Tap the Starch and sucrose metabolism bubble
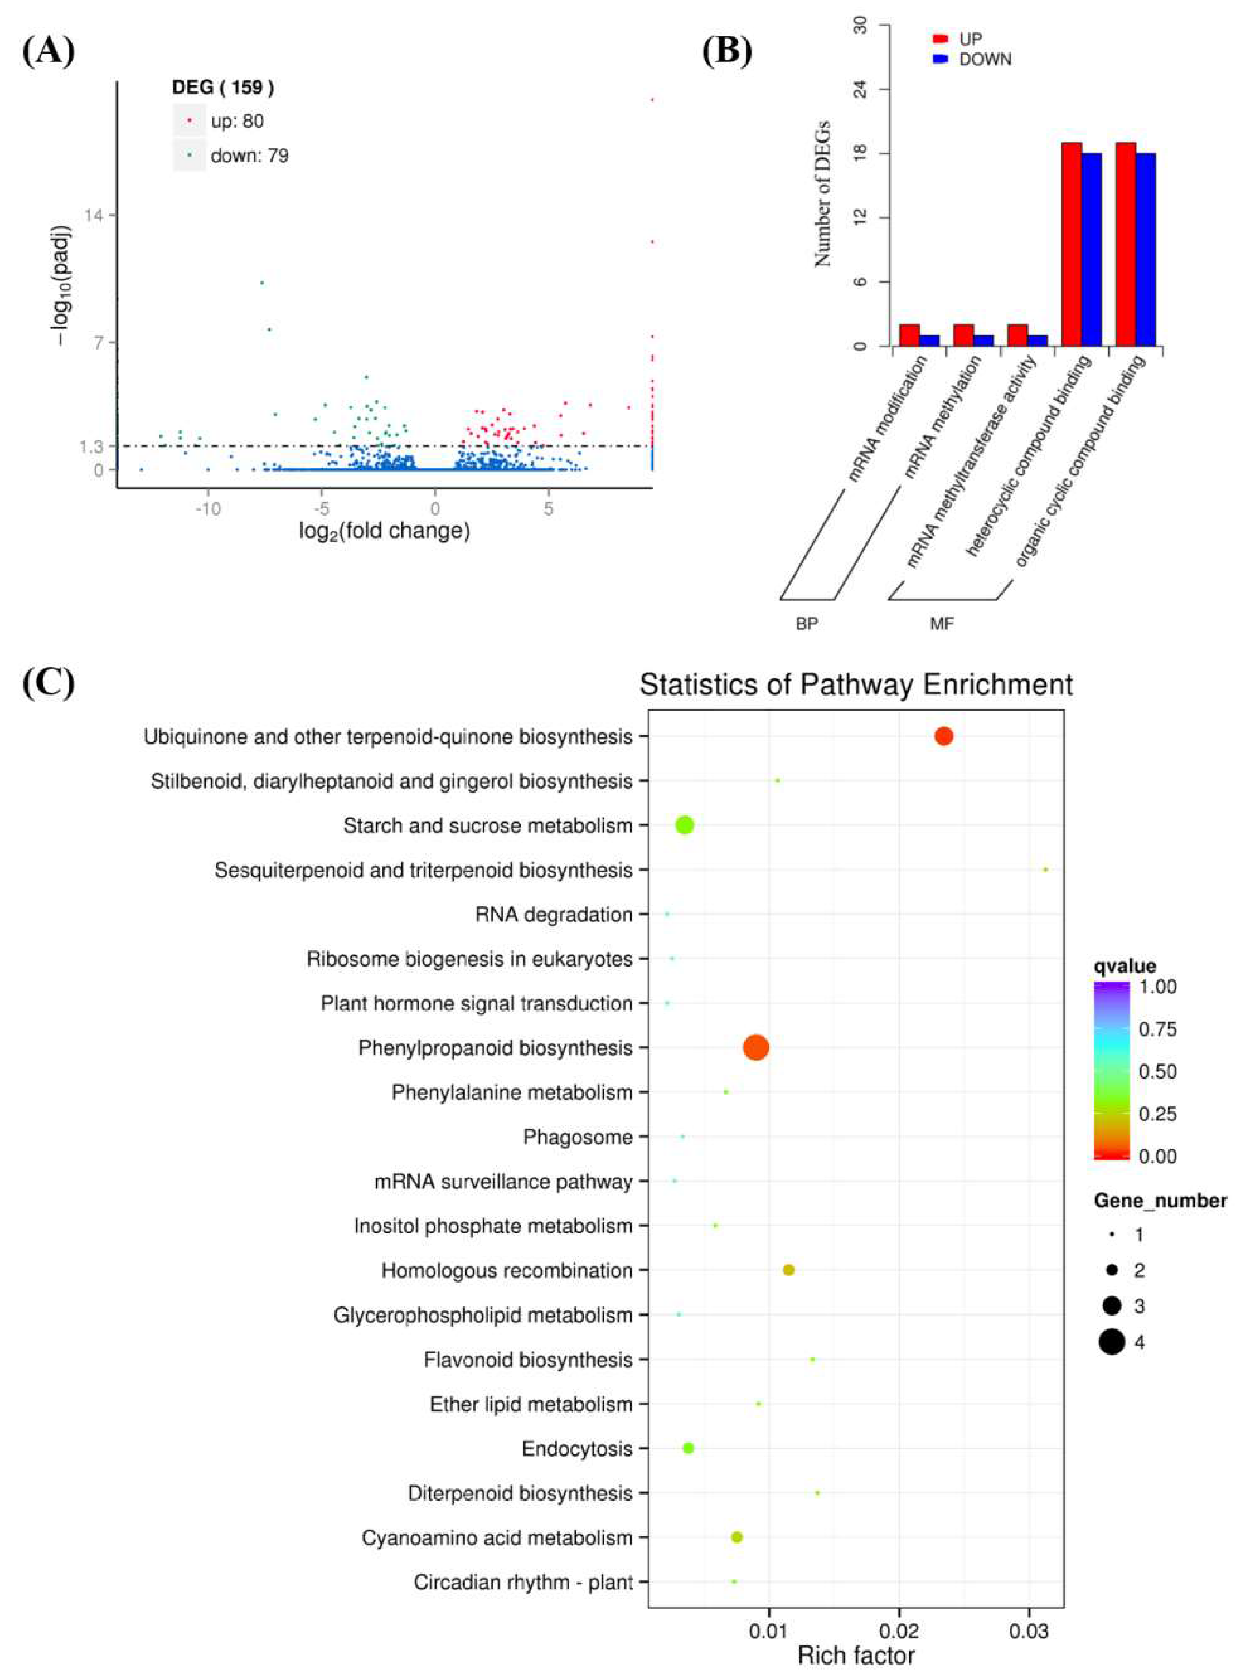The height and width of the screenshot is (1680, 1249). tap(684, 825)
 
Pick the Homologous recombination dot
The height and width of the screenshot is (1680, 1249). tap(788, 1270)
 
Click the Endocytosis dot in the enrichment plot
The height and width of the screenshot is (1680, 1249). tap(688, 1448)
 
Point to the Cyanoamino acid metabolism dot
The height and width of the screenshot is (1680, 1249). tap(737, 1537)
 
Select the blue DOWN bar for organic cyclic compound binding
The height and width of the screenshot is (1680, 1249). tap(1145, 250)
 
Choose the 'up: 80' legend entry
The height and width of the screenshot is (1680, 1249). tap(237, 121)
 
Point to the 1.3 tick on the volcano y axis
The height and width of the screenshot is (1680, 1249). tap(92, 447)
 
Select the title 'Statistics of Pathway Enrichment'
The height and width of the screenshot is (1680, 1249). tap(856, 685)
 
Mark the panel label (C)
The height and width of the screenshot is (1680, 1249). tap(48, 683)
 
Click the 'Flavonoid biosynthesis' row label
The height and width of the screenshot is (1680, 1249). tap(528, 1360)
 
